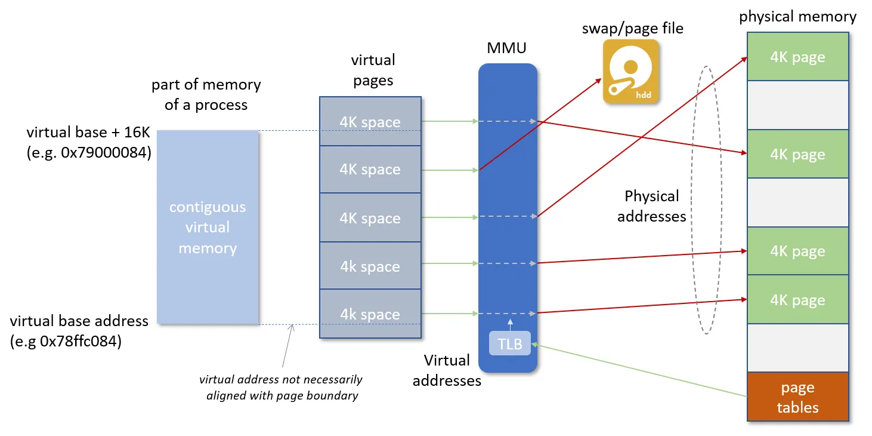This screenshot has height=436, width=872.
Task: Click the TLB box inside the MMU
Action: tap(509, 343)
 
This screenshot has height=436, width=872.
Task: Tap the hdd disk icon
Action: tap(630, 72)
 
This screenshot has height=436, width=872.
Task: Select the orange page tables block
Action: tap(797, 397)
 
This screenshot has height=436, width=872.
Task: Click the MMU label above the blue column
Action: tap(506, 48)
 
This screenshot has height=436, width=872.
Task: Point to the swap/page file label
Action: tap(633, 29)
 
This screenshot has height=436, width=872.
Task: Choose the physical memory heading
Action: tap(797, 17)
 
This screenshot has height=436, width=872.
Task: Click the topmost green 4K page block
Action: tap(797, 57)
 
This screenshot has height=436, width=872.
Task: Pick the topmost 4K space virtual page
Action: tap(370, 121)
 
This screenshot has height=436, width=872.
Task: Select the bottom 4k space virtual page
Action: tap(370, 314)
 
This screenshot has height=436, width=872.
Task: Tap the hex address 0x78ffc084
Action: tap(81, 342)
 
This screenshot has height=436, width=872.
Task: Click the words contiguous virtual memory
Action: tap(208, 228)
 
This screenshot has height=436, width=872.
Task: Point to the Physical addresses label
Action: tap(652, 206)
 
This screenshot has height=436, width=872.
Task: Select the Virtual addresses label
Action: tap(447, 370)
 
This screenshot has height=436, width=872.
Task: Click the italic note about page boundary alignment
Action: tap(281, 387)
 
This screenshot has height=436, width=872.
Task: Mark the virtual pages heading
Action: tap(373, 70)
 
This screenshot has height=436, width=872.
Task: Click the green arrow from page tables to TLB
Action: tap(639, 370)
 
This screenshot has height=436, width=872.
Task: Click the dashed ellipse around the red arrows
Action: tap(692, 200)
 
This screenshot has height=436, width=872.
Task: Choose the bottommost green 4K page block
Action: tap(797, 299)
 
